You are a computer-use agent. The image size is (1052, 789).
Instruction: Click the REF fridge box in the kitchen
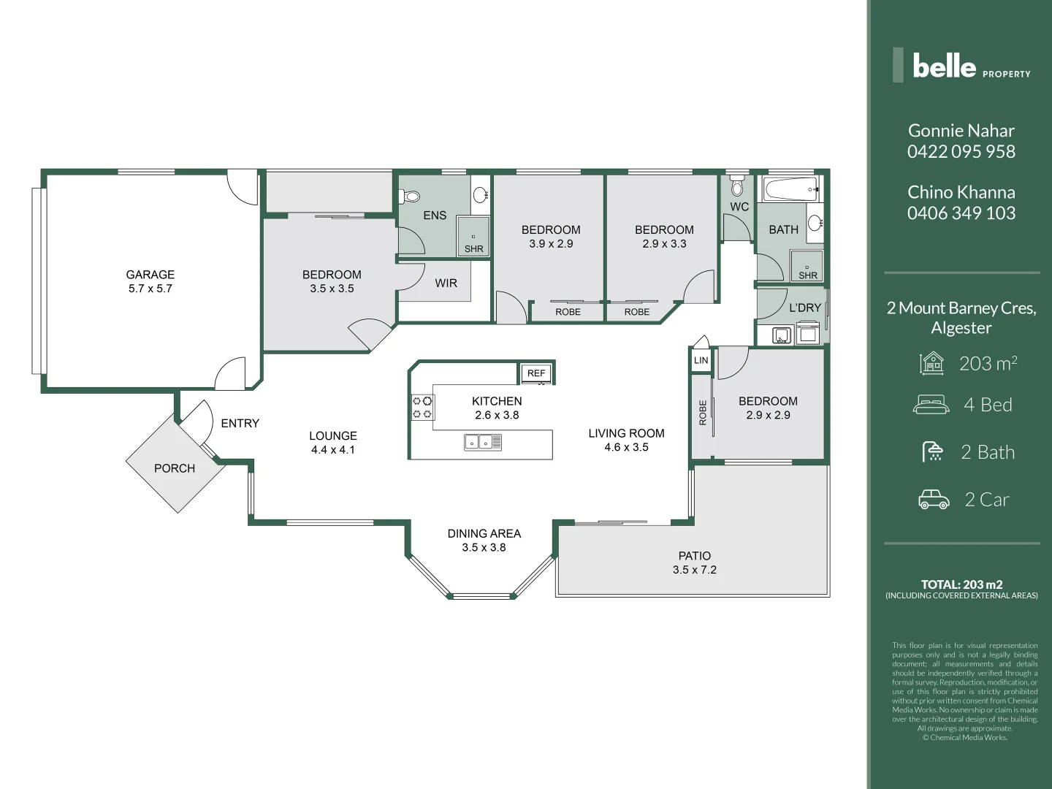point(536,373)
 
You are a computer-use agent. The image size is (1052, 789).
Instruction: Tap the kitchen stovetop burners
point(422,407)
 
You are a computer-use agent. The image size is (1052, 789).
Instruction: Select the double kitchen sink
point(483,442)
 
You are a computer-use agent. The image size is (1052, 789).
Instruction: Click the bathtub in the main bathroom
point(790,190)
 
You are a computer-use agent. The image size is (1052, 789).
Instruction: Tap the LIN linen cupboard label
point(701,360)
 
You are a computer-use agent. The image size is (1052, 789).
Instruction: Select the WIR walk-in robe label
point(446,283)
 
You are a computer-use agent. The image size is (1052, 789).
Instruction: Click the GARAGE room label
point(150,275)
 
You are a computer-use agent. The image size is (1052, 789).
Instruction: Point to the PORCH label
point(175,468)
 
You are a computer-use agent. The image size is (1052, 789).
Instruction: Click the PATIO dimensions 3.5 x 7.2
point(695,570)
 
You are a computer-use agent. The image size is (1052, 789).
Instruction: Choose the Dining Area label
point(484,533)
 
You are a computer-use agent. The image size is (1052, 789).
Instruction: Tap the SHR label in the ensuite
point(473,248)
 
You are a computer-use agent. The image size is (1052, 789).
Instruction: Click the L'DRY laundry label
point(805,308)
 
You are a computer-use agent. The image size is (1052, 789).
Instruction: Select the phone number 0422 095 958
point(961,151)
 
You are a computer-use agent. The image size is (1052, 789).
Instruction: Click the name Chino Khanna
point(961,192)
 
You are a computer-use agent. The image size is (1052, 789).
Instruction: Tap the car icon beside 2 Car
point(934,499)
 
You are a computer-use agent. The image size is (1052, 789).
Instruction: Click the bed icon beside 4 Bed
point(931,404)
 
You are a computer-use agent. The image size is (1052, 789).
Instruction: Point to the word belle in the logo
point(944,66)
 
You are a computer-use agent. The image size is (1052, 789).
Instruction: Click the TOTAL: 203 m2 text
point(961,584)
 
